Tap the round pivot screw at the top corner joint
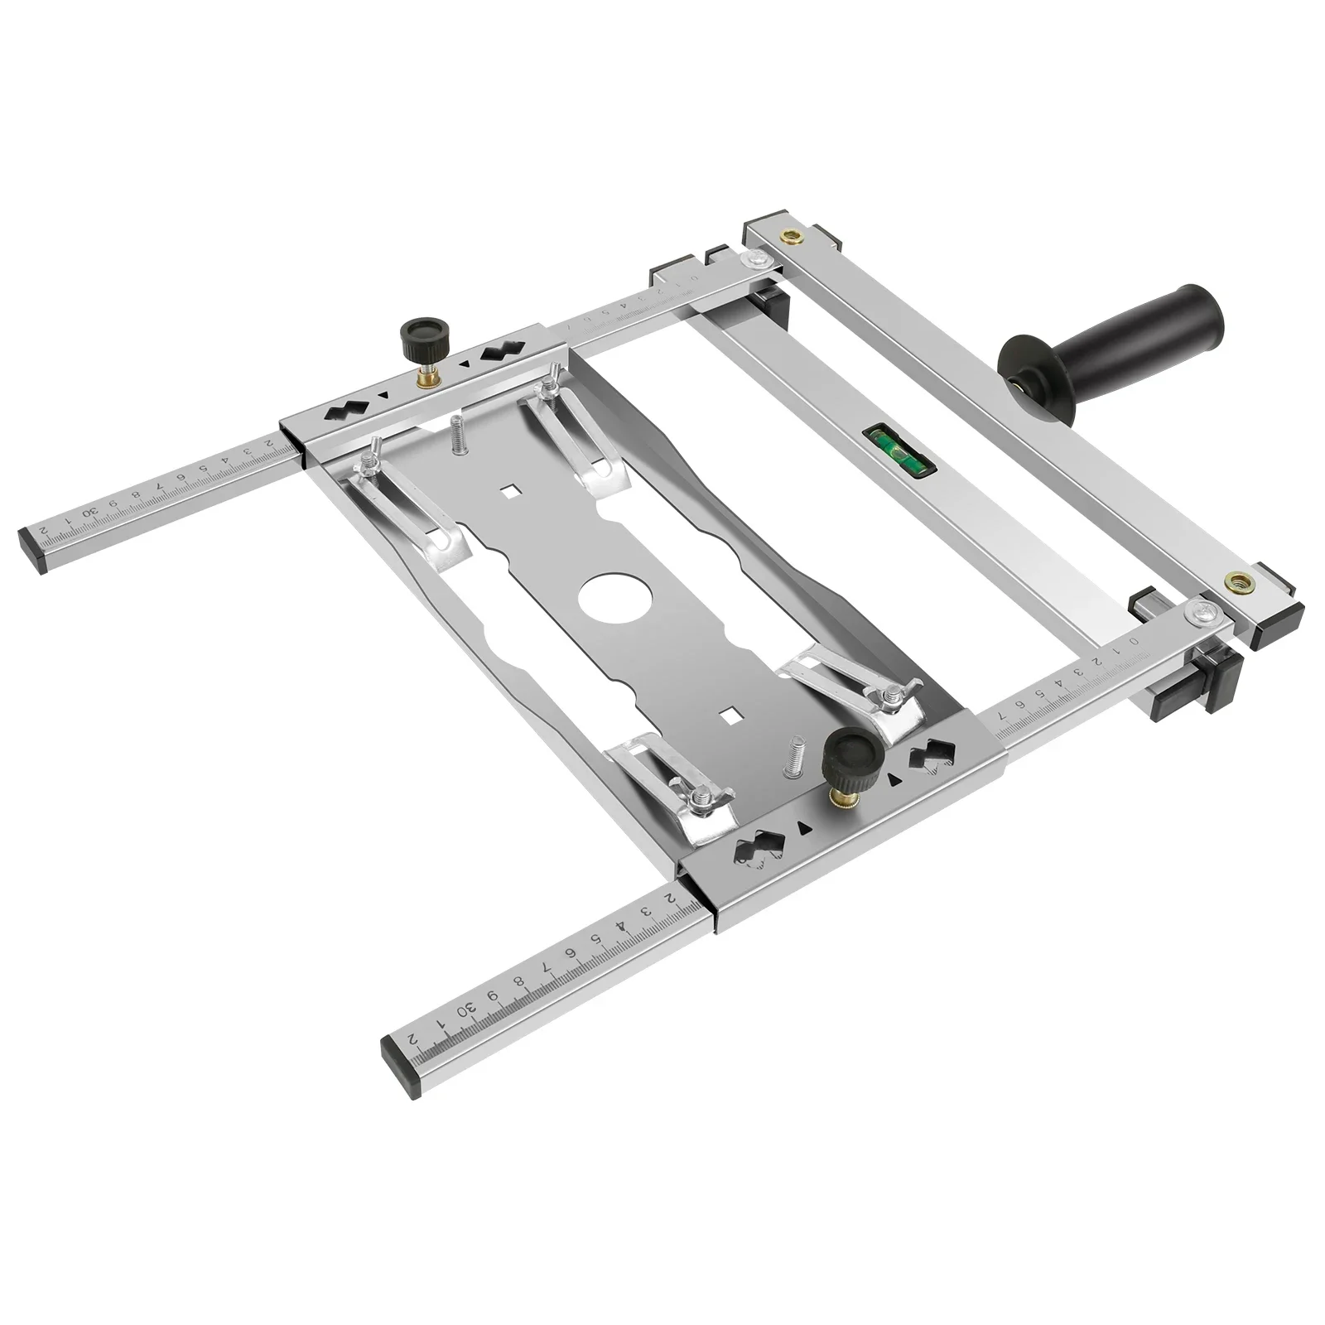click(x=754, y=262)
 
